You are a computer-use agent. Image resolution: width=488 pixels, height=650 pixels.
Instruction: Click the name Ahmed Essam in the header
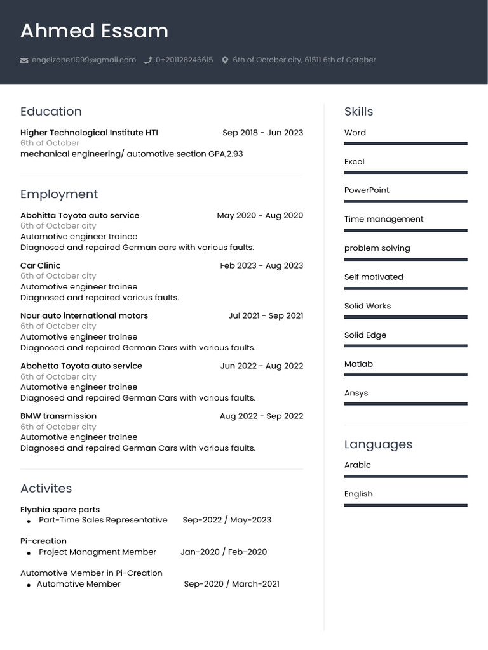pyautogui.click(x=94, y=31)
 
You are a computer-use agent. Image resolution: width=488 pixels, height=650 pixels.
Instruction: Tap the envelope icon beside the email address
pyautogui.click(x=24, y=60)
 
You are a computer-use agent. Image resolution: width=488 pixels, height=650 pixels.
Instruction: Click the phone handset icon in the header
pyautogui.click(x=148, y=60)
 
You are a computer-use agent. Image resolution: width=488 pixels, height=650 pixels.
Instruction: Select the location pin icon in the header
pyautogui.click(x=225, y=60)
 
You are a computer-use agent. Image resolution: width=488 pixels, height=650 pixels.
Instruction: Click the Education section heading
pyautogui.click(x=51, y=112)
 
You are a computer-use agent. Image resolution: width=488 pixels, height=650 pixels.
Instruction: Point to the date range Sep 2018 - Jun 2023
pyautogui.click(x=262, y=133)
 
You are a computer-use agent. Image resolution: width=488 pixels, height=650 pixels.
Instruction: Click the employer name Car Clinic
pyautogui.click(x=41, y=265)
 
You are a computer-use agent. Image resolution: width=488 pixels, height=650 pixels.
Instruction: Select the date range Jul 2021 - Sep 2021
pyautogui.click(x=266, y=315)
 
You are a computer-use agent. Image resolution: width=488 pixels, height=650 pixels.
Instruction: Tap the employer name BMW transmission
pyautogui.click(x=58, y=416)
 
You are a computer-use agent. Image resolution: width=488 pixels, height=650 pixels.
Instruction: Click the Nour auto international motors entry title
pyautogui.click(x=84, y=315)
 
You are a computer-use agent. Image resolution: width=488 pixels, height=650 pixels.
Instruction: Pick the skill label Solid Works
pyautogui.click(x=367, y=306)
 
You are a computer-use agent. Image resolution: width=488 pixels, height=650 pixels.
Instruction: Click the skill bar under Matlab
pyautogui.click(x=405, y=375)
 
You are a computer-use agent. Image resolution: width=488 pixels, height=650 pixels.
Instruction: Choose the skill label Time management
pyautogui.click(x=384, y=219)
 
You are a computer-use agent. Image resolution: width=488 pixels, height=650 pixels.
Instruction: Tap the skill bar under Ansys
pyautogui.click(x=405, y=404)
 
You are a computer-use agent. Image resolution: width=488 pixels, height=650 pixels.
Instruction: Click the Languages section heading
pyautogui.click(x=378, y=444)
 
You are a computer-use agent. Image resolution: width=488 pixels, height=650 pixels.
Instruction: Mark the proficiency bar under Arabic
pyautogui.click(x=405, y=476)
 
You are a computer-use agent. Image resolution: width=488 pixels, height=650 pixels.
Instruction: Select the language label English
pyautogui.click(x=358, y=494)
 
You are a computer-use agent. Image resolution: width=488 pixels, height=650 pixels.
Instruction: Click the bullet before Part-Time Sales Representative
pyautogui.click(x=29, y=521)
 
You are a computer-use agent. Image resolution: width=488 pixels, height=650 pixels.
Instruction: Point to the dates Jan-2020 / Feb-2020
pyautogui.click(x=224, y=552)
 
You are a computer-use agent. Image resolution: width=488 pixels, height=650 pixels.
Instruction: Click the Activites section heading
pyautogui.click(x=46, y=488)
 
